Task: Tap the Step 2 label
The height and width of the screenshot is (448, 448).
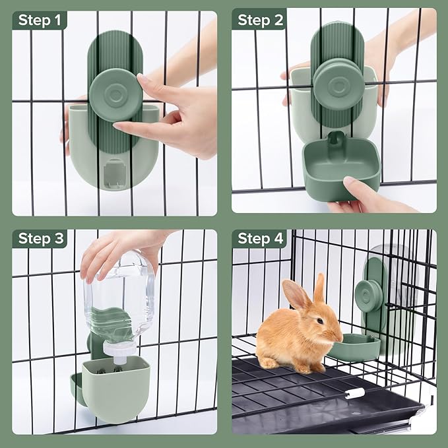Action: pos(260,20)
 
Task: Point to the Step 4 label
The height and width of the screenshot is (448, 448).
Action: pos(260,238)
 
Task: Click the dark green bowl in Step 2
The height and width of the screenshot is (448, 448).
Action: pos(340,169)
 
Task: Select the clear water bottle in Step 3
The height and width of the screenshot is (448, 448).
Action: pos(119,297)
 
